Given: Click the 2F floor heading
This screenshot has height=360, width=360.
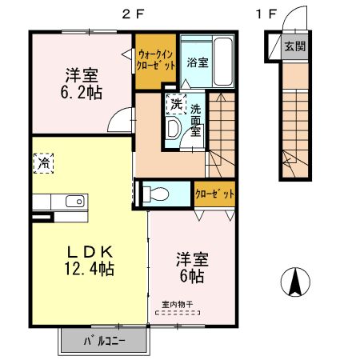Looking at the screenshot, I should (x=133, y=14).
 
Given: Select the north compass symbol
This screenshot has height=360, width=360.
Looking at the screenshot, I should (x=294, y=281).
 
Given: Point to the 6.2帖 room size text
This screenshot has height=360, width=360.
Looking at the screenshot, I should (x=82, y=90).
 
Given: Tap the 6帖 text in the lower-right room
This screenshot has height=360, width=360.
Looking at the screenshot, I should (x=191, y=276).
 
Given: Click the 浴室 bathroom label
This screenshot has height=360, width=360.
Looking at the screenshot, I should (x=198, y=62).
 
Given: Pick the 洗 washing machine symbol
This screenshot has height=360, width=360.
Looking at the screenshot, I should (x=175, y=103).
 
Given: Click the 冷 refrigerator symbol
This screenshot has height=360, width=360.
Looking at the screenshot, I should (x=42, y=162).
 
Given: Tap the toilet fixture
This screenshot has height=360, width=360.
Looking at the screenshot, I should (x=158, y=193).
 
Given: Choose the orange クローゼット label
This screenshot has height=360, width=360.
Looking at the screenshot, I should (x=215, y=194).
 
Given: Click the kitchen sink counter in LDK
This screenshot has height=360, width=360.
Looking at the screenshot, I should (x=59, y=201).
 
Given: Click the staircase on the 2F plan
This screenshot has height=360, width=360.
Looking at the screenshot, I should (x=219, y=128).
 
